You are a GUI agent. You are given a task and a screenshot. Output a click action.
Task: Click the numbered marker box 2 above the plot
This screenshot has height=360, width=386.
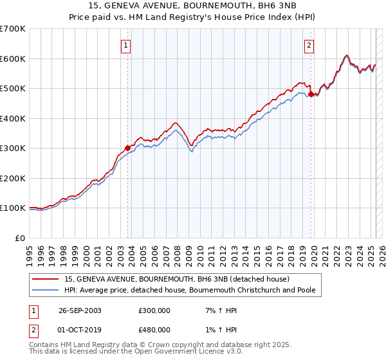309,46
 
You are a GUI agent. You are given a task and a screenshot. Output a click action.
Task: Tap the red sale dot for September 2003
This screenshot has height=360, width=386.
127,148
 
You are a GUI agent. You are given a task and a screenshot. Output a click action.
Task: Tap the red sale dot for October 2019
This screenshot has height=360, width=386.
311,94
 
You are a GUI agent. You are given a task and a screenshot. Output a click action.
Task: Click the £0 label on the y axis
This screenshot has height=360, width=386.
21,238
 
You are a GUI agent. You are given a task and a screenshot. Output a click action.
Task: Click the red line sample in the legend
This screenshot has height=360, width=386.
46,279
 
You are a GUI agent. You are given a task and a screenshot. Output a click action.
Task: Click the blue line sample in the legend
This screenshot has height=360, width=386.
46,291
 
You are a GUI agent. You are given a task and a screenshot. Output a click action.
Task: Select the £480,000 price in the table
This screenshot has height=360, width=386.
154,330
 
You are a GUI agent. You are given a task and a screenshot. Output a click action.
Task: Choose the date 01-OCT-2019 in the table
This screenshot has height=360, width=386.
80,330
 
